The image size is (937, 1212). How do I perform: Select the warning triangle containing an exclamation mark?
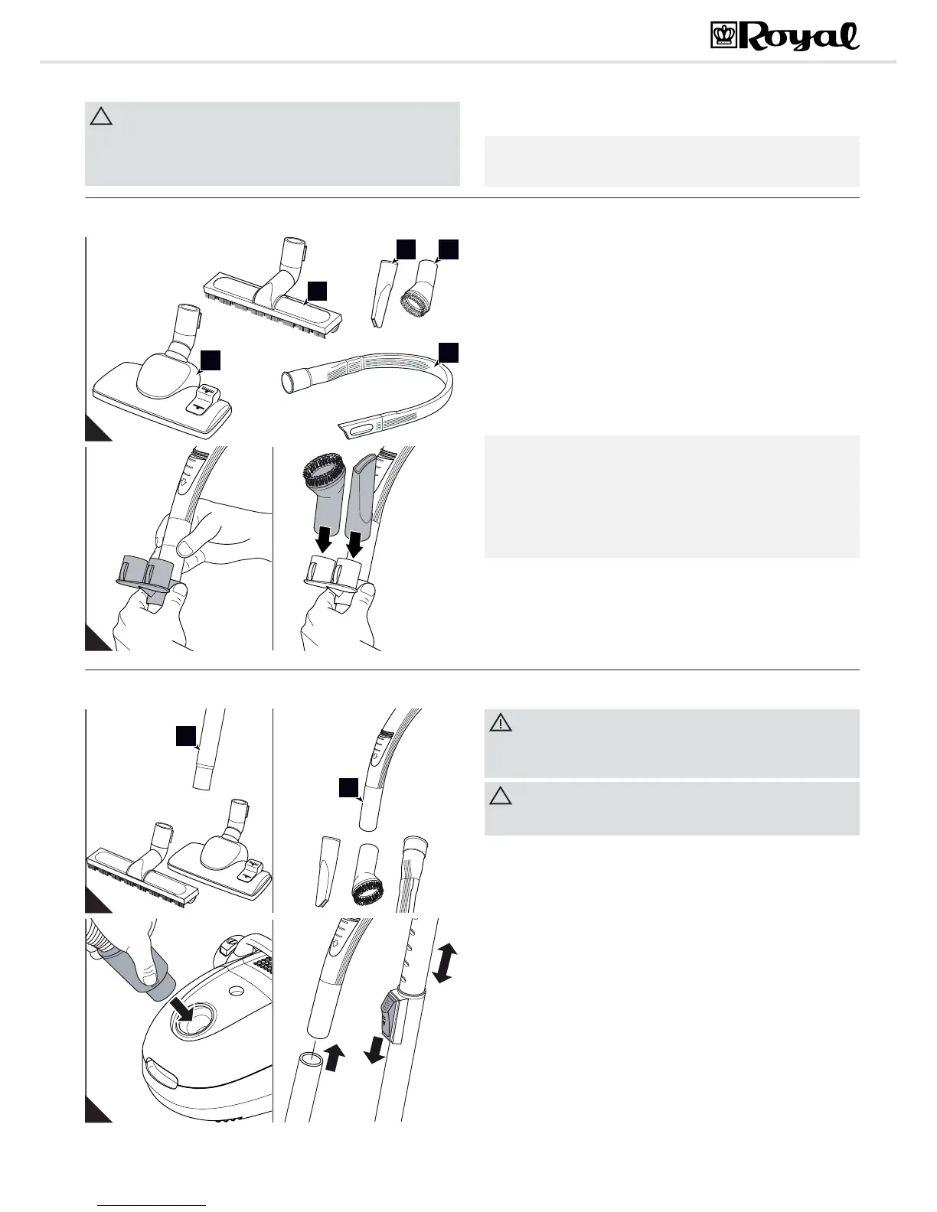501,722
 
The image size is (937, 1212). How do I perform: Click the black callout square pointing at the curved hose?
448,351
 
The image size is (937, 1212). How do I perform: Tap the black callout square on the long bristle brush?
318,290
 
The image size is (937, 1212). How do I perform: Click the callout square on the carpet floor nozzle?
211,360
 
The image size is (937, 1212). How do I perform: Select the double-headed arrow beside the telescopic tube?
445,963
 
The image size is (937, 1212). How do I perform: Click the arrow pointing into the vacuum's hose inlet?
184,1007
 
